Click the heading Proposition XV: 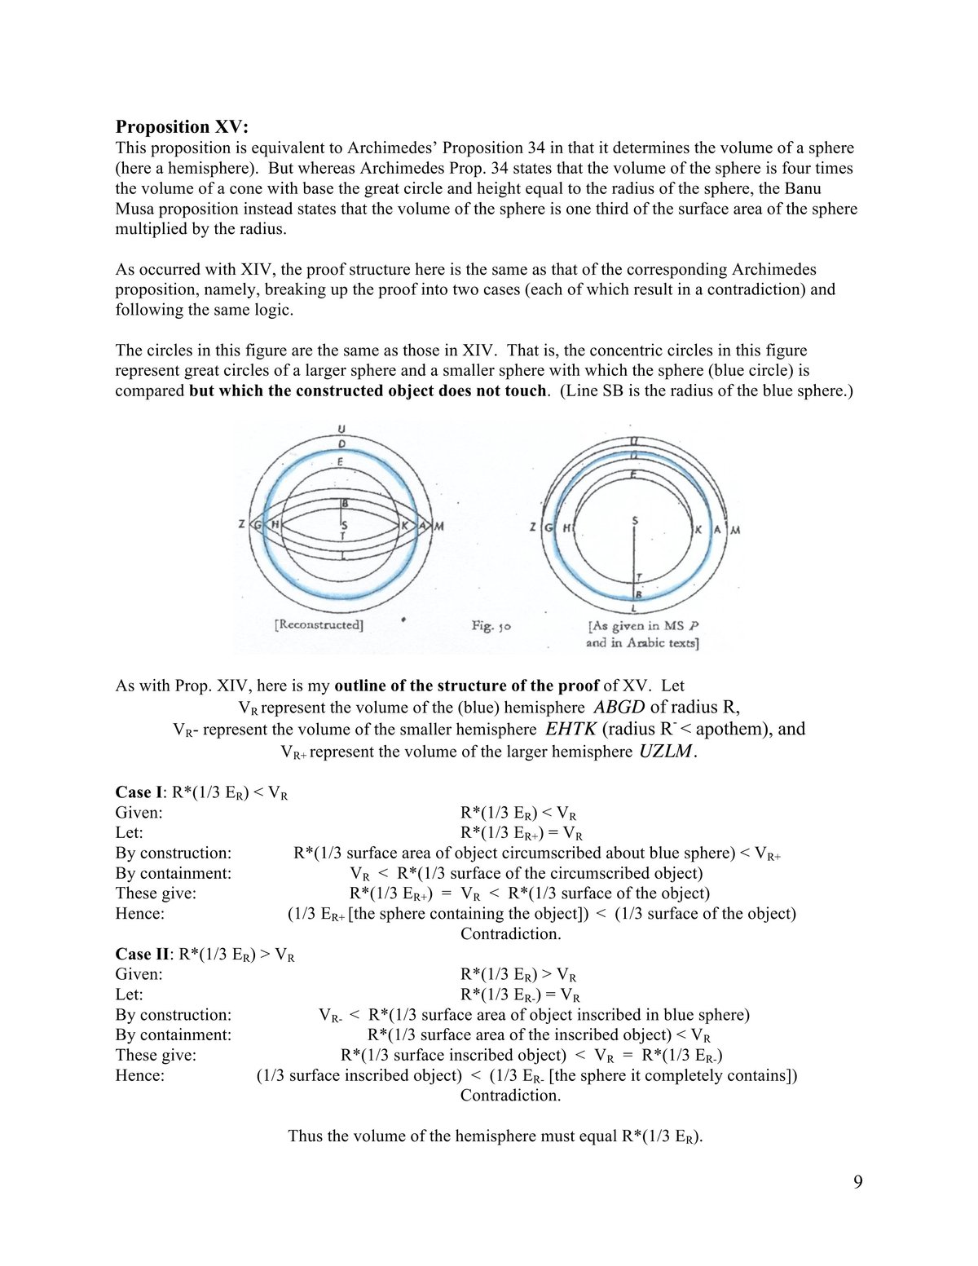pos(182,126)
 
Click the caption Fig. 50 pos(491,626)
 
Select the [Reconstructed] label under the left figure pos(319,625)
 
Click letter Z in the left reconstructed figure pos(242,525)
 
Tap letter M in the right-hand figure pos(735,530)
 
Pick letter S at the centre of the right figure pos(635,519)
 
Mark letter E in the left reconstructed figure pos(341,462)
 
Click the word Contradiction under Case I pos(510,933)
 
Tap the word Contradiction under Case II pos(510,1095)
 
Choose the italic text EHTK pos(570,729)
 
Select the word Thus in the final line pos(306,1136)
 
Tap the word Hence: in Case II pos(139,1075)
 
